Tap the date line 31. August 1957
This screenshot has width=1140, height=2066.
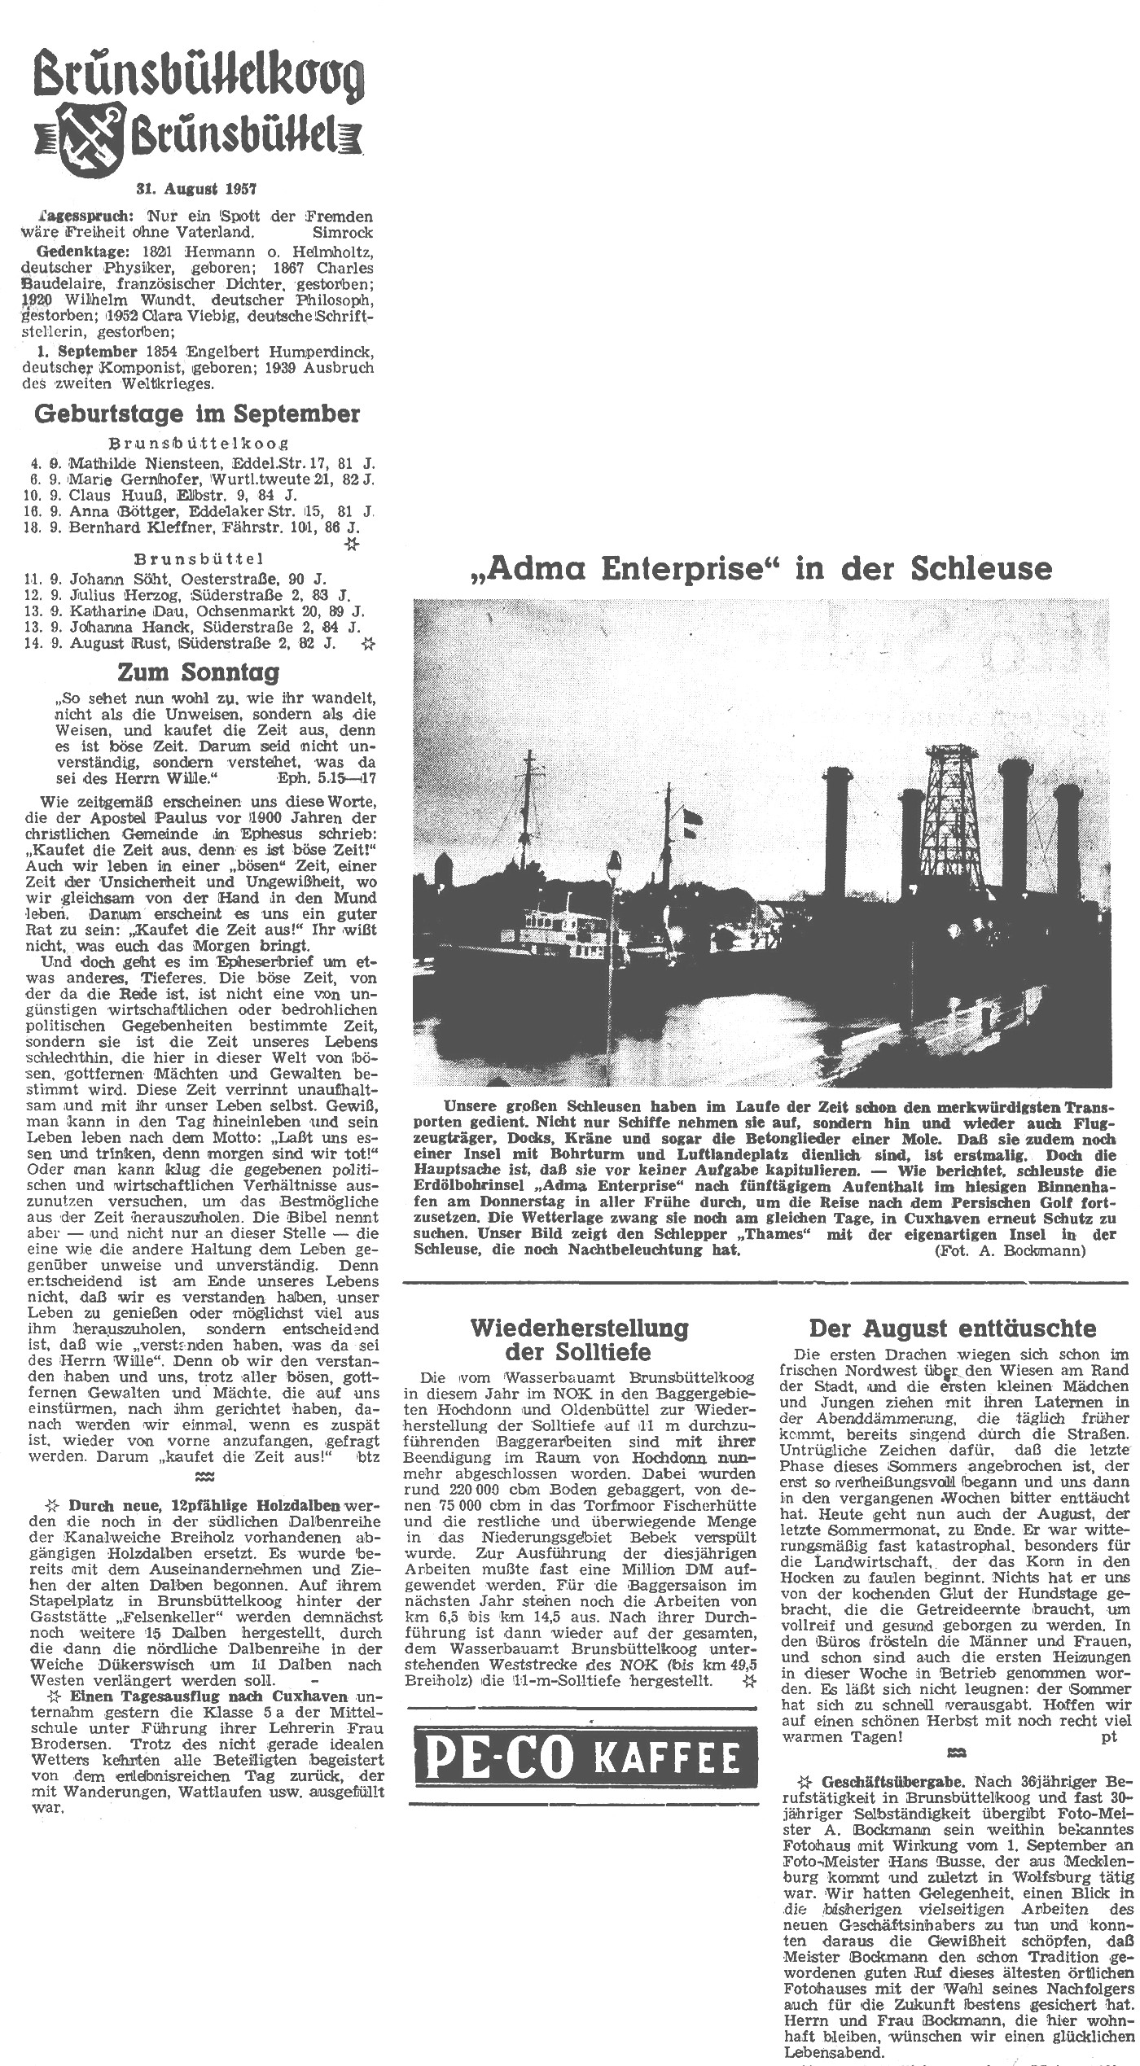pyautogui.click(x=196, y=189)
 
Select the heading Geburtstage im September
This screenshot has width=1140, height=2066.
pyautogui.click(x=196, y=414)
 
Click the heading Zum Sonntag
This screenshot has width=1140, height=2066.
pyautogui.click(x=198, y=672)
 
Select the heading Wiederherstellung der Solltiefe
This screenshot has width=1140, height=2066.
pyautogui.click(x=579, y=1339)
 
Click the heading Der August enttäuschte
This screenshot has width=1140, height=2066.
pyautogui.click(x=952, y=1328)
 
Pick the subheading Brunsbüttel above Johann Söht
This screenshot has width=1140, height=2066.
pyautogui.click(x=199, y=560)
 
